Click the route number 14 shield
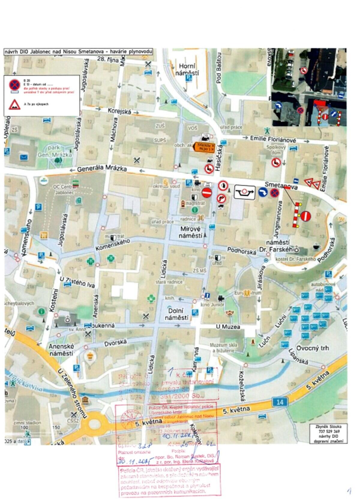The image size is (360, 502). click(x=280, y=402)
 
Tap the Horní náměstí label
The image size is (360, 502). click(x=187, y=69)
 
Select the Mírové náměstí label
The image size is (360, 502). click(x=191, y=232)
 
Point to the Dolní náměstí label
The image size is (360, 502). click(x=176, y=314)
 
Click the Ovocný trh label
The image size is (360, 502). click(x=312, y=348)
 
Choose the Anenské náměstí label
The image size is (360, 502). click(x=61, y=350)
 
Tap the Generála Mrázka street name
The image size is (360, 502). click(x=102, y=169)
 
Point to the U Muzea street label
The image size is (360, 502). click(x=228, y=327)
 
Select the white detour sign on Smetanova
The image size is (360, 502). click(x=244, y=192)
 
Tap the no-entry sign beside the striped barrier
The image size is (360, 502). click(x=305, y=216)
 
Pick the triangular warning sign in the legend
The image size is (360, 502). click(x=14, y=104)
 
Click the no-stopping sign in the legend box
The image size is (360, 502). click(x=14, y=85)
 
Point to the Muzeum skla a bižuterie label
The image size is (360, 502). click(x=223, y=347)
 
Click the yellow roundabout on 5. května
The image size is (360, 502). click(x=95, y=426)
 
